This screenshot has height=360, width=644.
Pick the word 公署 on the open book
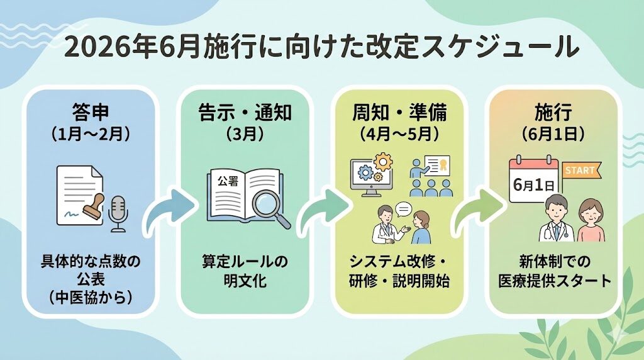pos(227,181)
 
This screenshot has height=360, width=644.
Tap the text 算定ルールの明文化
pos(246,272)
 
